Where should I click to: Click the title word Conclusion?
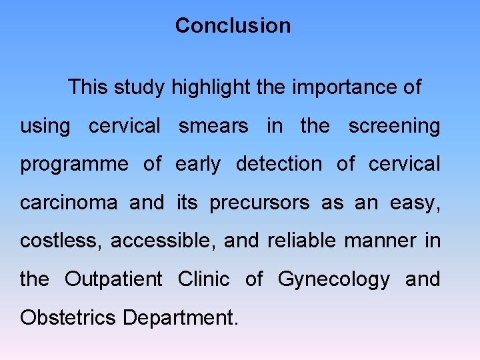click(233, 26)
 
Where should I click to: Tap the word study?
click(141, 87)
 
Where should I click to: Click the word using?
click(44, 127)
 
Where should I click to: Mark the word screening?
click(394, 127)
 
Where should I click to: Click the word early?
click(197, 165)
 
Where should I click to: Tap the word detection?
click(278, 165)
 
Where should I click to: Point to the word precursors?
click(259, 203)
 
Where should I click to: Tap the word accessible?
click(163, 241)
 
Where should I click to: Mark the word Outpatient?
click(113, 279)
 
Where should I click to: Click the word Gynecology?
click(333, 280)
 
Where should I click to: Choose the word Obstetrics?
click(68, 317)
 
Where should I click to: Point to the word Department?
click(180, 318)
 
